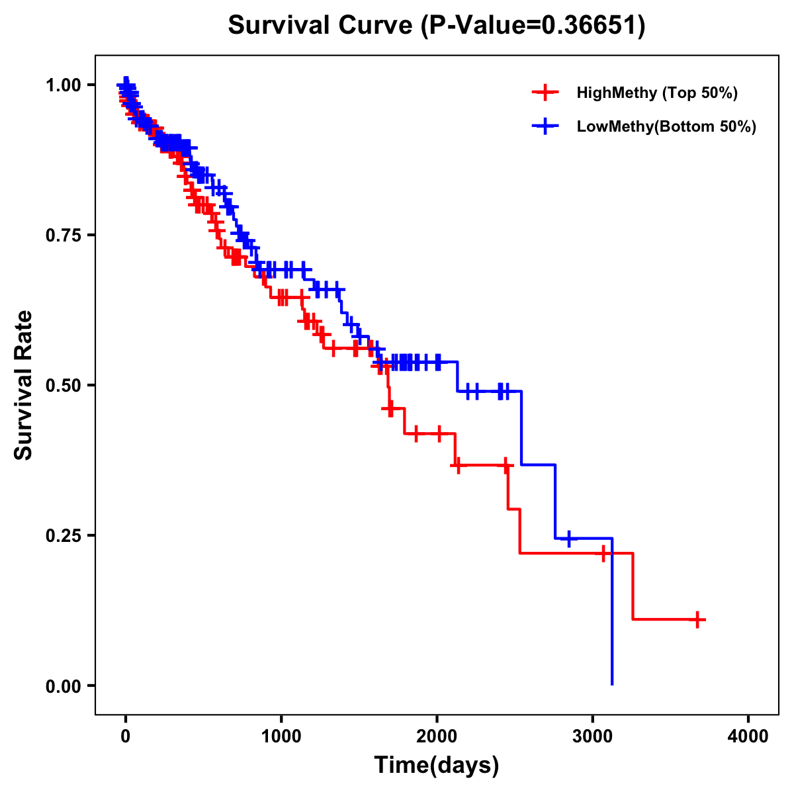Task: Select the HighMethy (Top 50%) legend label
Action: (656, 93)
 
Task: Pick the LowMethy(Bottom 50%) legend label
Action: (666, 126)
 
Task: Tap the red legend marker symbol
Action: (545, 93)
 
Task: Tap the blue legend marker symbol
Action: (545, 126)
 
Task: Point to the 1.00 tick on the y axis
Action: (63, 85)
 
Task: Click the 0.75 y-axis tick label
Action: (63, 235)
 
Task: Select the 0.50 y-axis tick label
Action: (63, 385)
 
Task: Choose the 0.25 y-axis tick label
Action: (63, 535)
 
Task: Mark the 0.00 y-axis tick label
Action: (63, 685)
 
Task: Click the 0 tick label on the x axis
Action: (125, 737)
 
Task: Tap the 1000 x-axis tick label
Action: (281, 737)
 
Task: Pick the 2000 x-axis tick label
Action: (437, 737)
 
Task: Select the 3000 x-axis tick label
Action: (593, 737)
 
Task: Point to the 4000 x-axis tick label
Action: (748, 737)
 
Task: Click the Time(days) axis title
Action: (437, 766)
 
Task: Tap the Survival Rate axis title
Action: (24, 385)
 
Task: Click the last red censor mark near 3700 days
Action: (697, 619)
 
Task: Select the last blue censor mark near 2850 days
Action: (568, 539)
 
